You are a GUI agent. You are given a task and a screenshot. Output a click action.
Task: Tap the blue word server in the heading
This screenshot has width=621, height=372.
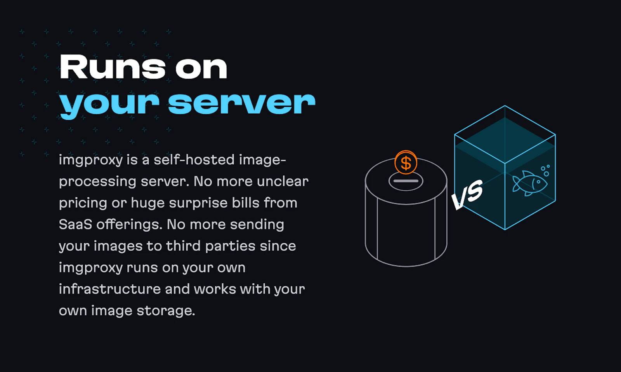[x=242, y=103]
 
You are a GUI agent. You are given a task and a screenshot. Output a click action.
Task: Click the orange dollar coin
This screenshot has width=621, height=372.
[x=406, y=163]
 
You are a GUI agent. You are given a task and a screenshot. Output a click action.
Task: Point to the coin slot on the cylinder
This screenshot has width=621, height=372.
[x=406, y=181]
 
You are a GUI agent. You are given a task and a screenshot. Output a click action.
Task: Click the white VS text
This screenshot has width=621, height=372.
[x=467, y=194]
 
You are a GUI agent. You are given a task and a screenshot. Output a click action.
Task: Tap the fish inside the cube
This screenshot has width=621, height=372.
[x=529, y=183]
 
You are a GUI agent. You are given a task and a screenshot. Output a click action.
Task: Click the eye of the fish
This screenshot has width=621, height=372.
[x=538, y=182]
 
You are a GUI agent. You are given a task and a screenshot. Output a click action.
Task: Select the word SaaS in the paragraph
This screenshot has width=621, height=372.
[x=75, y=224]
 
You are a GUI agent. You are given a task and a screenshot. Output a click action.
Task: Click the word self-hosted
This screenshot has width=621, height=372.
[x=194, y=160]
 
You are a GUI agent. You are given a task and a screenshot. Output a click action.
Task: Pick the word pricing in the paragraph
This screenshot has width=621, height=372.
[x=83, y=203]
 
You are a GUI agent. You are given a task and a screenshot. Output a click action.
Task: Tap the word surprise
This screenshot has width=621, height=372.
[x=198, y=203]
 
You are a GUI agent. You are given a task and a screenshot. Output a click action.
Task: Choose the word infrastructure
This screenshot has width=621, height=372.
[x=110, y=289]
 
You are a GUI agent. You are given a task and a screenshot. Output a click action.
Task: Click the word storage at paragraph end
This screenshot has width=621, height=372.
[x=166, y=311]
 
